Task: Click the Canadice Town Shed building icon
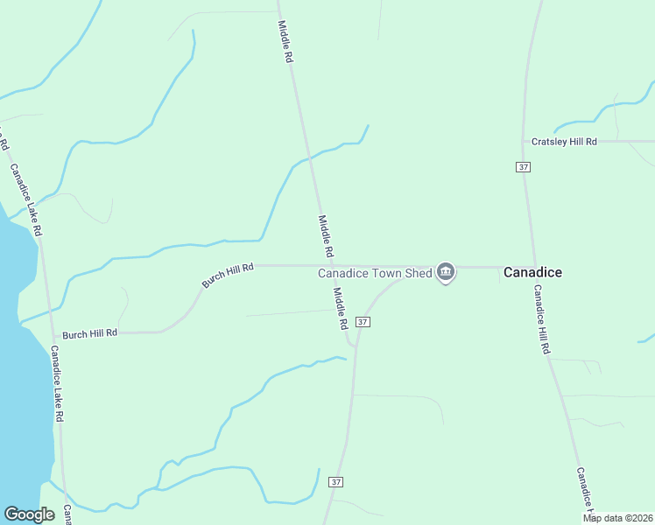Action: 446,273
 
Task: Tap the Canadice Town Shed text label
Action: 375,273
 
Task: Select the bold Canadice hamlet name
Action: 532,272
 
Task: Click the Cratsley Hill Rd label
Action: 565,142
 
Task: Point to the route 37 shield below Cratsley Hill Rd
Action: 523,166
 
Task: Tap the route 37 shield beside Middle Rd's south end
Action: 363,322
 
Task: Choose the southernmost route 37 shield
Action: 336,482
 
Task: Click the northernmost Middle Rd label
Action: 285,41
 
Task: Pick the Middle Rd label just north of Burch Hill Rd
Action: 326,236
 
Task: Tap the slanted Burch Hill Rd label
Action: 227,276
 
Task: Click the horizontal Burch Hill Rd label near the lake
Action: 89,333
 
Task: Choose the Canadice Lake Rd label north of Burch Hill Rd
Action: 26,200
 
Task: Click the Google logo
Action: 30,514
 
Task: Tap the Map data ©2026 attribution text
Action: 617,518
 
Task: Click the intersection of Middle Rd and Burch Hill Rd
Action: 332,265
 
